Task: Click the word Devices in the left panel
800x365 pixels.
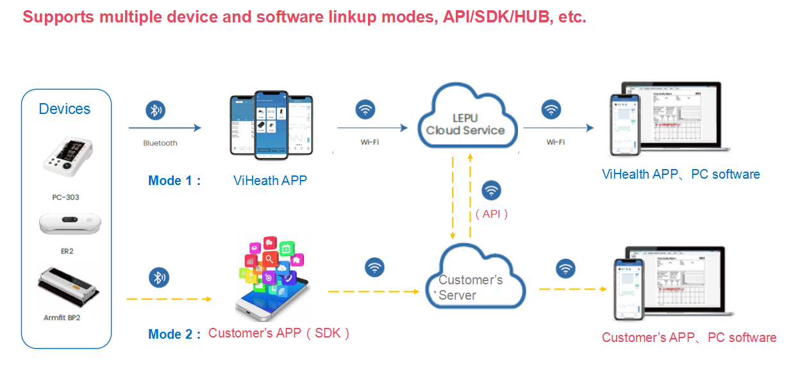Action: tap(65, 109)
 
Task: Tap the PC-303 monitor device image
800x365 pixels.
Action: tap(65, 157)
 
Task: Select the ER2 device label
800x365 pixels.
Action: tap(67, 251)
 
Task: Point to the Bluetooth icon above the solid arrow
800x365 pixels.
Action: tap(155, 110)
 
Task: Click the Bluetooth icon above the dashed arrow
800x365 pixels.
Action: tap(159, 277)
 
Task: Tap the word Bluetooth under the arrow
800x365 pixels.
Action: tap(160, 143)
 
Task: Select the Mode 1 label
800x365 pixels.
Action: tap(174, 181)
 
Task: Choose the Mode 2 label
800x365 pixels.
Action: tap(174, 334)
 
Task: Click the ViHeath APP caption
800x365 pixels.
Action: tap(270, 181)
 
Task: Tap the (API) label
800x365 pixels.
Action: tap(492, 215)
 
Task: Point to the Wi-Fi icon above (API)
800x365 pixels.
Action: tap(492, 191)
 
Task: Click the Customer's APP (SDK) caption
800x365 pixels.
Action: tap(279, 333)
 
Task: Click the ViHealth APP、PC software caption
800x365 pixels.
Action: tap(681, 174)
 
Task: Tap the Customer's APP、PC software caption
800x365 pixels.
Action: tap(689, 337)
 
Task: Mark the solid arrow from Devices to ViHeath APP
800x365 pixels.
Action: tap(165, 128)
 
